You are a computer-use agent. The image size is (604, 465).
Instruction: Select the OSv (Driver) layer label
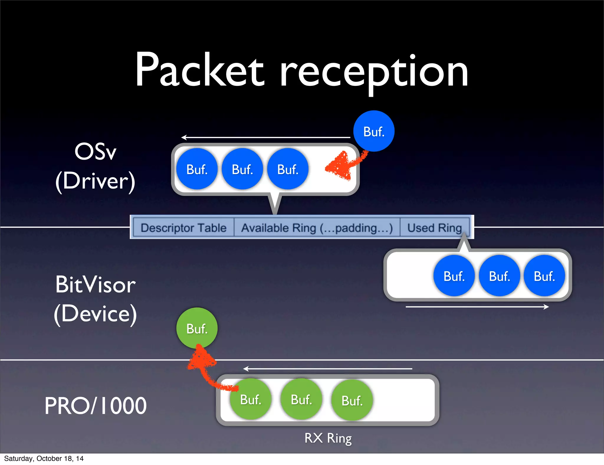(x=95, y=166)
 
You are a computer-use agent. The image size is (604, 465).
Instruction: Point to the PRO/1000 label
(x=95, y=406)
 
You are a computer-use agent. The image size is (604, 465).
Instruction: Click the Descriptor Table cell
(x=183, y=228)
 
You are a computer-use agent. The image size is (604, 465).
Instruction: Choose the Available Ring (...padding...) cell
(x=317, y=228)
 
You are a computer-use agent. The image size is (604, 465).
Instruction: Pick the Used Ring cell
(x=434, y=228)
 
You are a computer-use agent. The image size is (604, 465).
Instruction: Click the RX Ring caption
(x=328, y=438)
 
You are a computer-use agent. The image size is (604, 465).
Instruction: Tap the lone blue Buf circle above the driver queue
(x=374, y=131)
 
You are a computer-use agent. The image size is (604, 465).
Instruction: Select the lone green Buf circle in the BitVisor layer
(x=197, y=328)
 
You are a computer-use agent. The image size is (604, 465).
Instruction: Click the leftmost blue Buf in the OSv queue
(x=197, y=169)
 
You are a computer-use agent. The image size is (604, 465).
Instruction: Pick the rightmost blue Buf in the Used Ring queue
(x=544, y=276)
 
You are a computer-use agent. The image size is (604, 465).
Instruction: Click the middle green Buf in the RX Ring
(x=301, y=399)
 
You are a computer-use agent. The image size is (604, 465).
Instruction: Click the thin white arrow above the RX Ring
(x=327, y=369)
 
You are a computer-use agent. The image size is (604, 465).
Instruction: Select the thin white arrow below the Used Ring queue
(x=477, y=307)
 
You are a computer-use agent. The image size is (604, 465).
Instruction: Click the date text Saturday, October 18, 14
(x=44, y=459)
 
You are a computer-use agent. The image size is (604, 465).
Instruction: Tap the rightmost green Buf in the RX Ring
(x=352, y=400)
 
